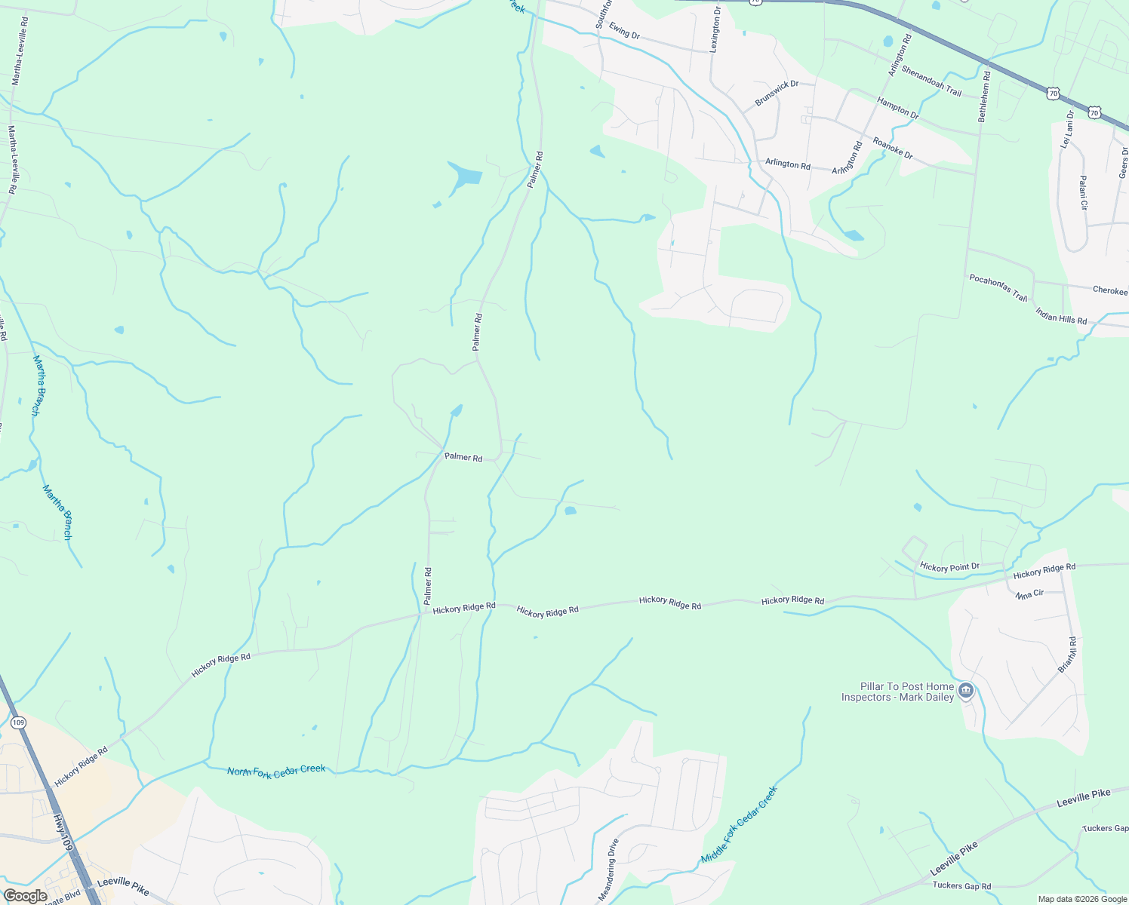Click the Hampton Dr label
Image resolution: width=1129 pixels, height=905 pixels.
coord(897,109)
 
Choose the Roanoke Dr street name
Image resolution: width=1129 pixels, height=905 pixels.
coord(893,148)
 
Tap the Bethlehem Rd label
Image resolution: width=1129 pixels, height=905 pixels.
coord(983,97)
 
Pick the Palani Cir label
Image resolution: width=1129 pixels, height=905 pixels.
coord(1083,193)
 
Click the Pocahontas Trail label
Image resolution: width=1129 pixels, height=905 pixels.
coord(998,288)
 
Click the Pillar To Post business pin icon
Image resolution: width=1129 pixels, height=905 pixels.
coord(966,690)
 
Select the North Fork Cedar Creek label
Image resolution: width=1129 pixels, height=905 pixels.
coord(276,772)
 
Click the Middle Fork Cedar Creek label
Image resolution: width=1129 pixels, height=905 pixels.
coord(739,824)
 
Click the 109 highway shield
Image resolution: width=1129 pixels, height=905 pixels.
coord(19,722)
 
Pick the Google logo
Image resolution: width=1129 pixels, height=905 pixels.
coord(24,896)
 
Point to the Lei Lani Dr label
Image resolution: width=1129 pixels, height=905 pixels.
coord(1068,129)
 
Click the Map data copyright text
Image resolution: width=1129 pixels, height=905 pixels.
coord(1081,899)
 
